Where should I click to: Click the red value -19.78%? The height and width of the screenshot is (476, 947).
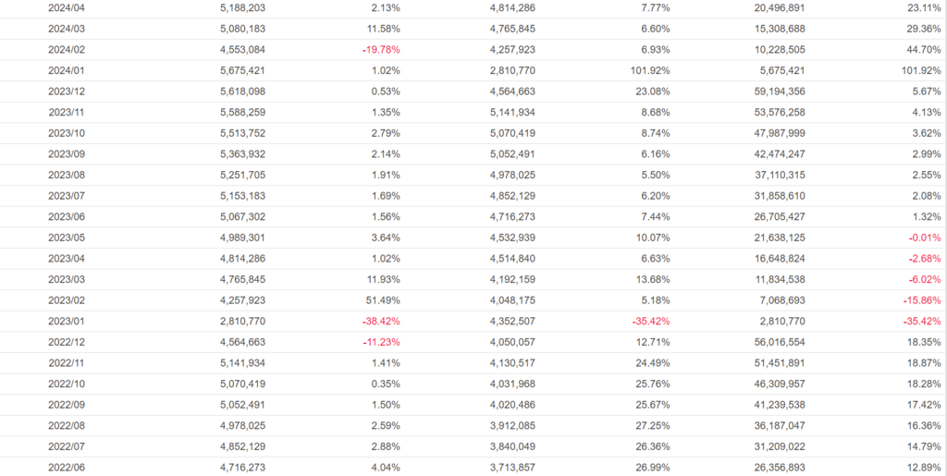coord(381,49)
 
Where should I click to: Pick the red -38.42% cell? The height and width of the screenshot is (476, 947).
coord(381,321)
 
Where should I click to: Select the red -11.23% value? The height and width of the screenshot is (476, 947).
coord(381,342)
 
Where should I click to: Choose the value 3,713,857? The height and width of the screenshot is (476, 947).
coord(512,467)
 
